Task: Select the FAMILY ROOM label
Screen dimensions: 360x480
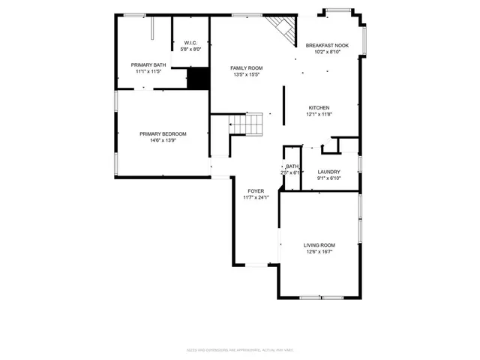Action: tap(245, 68)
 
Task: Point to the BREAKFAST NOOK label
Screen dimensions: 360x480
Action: tap(327, 46)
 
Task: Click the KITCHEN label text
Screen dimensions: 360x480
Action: tap(319, 108)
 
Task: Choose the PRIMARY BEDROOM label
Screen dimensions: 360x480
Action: tap(163, 134)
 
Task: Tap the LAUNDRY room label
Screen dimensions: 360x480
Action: tap(328, 172)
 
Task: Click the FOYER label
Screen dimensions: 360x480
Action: tap(255, 191)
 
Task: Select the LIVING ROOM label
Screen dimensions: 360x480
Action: tap(319, 245)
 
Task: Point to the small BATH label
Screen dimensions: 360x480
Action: tap(292, 166)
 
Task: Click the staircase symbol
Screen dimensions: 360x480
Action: tap(247, 124)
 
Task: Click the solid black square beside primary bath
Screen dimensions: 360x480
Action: tap(198, 78)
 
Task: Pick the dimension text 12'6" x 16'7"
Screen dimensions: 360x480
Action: tap(319, 252)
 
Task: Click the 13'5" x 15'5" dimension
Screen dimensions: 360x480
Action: tap(245, 75)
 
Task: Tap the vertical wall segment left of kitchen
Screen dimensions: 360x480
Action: tap(283, 105)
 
